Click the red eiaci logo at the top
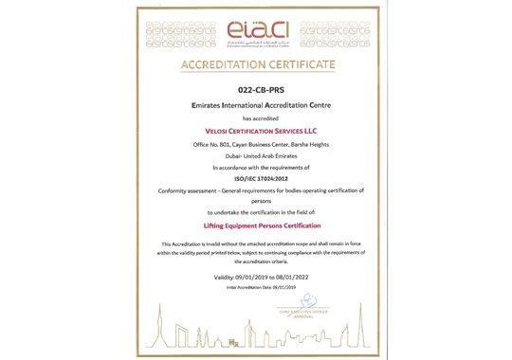[257, 27]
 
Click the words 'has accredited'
[256, 120]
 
